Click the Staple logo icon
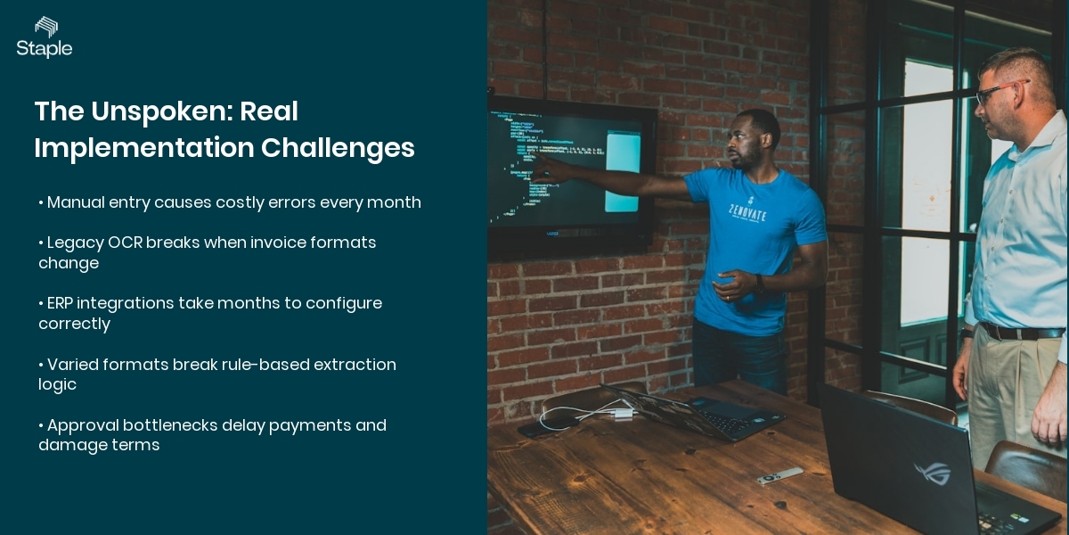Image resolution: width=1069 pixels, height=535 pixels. coord(45,26)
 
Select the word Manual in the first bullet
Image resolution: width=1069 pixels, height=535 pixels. coord(76,202)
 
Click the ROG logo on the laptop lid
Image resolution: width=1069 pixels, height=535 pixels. coord(932,473)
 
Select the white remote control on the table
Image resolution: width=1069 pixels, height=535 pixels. coord(779,476)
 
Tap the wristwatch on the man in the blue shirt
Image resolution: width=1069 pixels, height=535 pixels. coord(759,284)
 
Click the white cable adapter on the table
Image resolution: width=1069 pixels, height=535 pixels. coord(623,414)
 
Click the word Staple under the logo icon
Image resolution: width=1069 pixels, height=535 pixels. coord(45,49)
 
